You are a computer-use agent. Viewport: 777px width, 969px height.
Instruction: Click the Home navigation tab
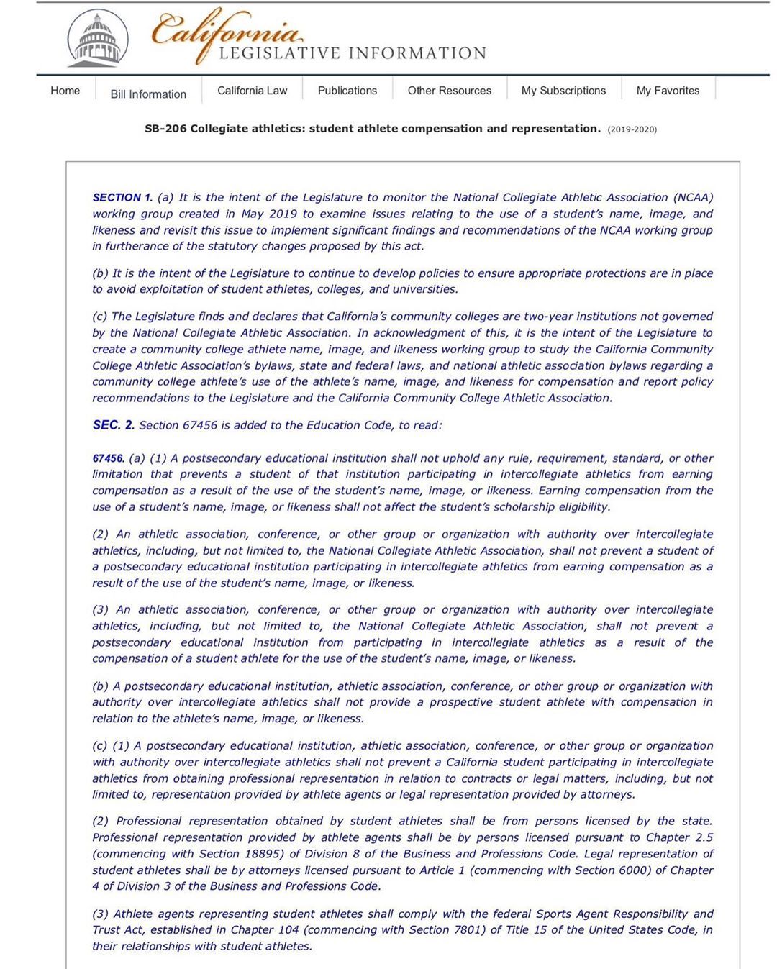click(65, 91)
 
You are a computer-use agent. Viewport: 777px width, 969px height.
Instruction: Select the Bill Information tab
click(148, 94)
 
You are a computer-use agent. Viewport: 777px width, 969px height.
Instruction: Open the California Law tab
click(252, 91)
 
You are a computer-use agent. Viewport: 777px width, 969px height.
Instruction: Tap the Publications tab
click(347, 91)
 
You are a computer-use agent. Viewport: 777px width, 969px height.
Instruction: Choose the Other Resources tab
click(450, 91)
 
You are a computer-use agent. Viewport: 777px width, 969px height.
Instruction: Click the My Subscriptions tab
click(563, 91)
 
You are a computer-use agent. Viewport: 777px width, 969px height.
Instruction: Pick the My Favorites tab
click(668, 91)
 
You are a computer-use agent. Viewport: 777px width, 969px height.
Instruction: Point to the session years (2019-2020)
click(632, 129)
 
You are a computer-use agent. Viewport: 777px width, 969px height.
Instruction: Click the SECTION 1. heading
click(122, 197)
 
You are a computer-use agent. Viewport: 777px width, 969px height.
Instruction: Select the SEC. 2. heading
click(114, 425)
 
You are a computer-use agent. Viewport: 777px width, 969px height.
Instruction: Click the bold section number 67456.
click(108, 458)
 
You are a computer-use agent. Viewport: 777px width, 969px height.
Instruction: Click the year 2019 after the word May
click(282, 214)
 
